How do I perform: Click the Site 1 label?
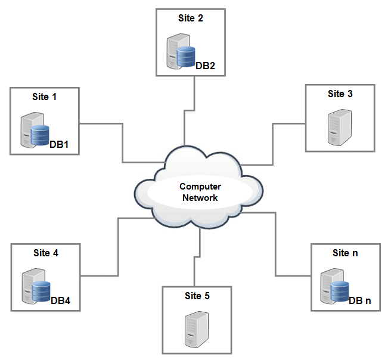(45, 96)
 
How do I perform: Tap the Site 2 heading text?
(191, 18)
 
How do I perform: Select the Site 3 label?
(340, 94)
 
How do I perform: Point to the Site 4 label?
(45, 253)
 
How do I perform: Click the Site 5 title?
(197, 295)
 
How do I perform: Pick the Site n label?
(345, 253)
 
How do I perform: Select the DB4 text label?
(61, 300)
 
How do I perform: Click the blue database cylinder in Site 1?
(40, 135)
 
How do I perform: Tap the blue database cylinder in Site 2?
(186, 57)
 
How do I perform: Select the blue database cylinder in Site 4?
(41, 292)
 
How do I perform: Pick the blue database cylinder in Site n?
(340, 291)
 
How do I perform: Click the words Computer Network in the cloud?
(200, 192)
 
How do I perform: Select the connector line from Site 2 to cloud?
(195, 95)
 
